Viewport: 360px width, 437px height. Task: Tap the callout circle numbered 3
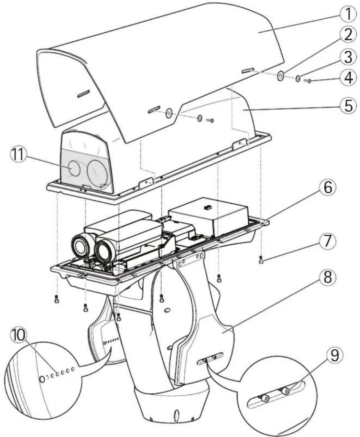(347, 57)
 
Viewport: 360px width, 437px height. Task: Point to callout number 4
(347, 79)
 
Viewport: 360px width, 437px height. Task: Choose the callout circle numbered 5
(347, 106)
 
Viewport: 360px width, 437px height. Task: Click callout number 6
(328, 188)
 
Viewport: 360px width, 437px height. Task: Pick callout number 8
(328, 277)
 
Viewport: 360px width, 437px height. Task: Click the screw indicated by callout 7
(261, 260)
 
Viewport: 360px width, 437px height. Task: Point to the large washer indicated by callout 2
(280, 76)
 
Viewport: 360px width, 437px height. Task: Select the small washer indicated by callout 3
(297, 79)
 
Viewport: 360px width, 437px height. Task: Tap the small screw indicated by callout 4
(307, 81)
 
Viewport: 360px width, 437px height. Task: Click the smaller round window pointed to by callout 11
(74, 168)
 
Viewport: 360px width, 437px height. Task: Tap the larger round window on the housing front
(97, 173)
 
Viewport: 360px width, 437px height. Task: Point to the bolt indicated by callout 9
(285, 391)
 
